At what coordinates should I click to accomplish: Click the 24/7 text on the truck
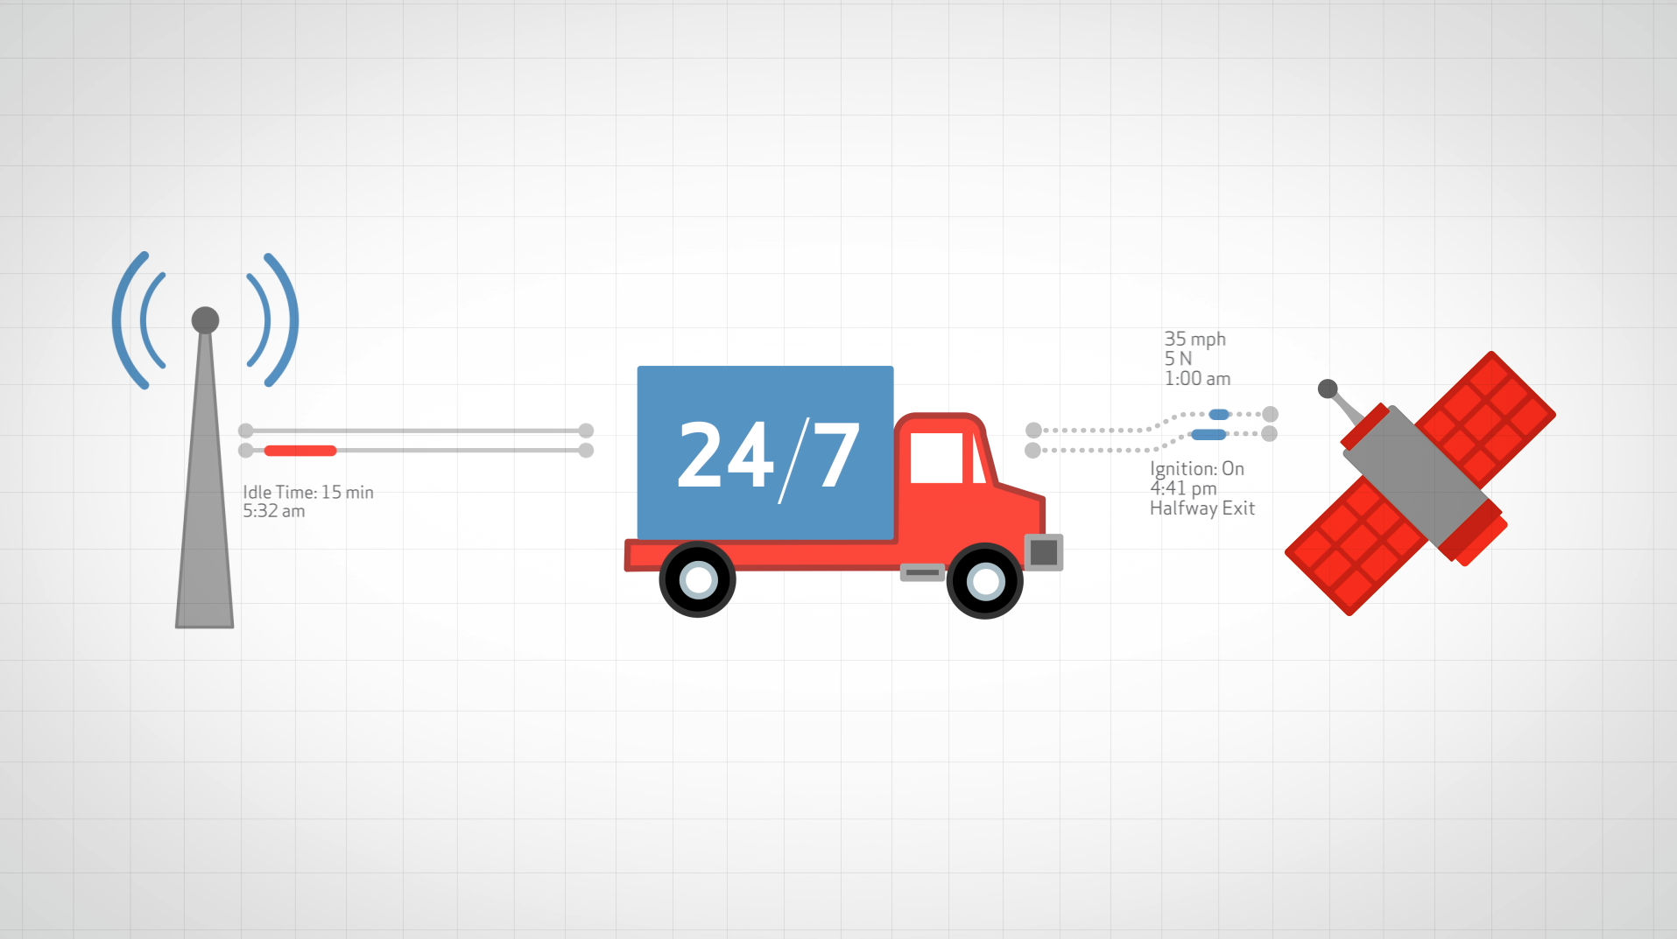point(768,455)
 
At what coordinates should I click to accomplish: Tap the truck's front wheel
point(985,581)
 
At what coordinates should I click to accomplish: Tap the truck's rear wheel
point(698,579)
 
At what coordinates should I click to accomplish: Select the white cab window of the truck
point(936,458)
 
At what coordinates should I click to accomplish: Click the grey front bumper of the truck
point(1044,552)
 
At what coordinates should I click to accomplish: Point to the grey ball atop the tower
point(205,319)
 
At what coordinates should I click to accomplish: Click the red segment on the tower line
point(300,451)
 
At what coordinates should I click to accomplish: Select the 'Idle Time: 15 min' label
point(308,492)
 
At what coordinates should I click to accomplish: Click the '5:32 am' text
point(274,511)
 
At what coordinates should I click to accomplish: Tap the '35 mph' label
point(1194,339)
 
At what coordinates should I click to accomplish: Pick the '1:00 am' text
point(1197,379)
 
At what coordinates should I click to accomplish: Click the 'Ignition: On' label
point(1197,469)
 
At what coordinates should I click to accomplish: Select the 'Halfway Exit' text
point(1202,508)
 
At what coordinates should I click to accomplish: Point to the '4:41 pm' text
point(1183,488)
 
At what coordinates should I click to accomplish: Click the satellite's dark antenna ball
point(1328,389)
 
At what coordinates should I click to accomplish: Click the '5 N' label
point(1178,359)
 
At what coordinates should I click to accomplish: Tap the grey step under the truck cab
point(922,572)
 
